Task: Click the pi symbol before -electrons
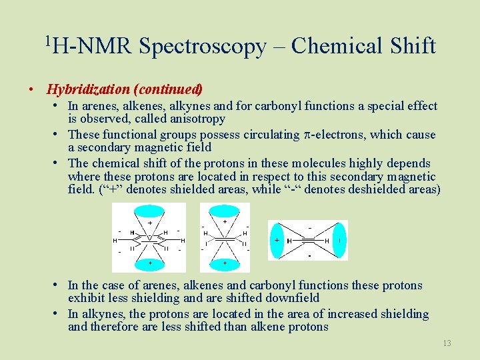[307, 135]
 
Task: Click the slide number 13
[447, 343]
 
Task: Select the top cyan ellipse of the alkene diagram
[225, 214]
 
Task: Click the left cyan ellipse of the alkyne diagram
[277, 240]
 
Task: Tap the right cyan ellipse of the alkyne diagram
[339, 240]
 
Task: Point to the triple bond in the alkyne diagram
[308, 241]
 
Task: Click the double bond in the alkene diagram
[225, 238]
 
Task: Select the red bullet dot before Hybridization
[31, 89]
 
